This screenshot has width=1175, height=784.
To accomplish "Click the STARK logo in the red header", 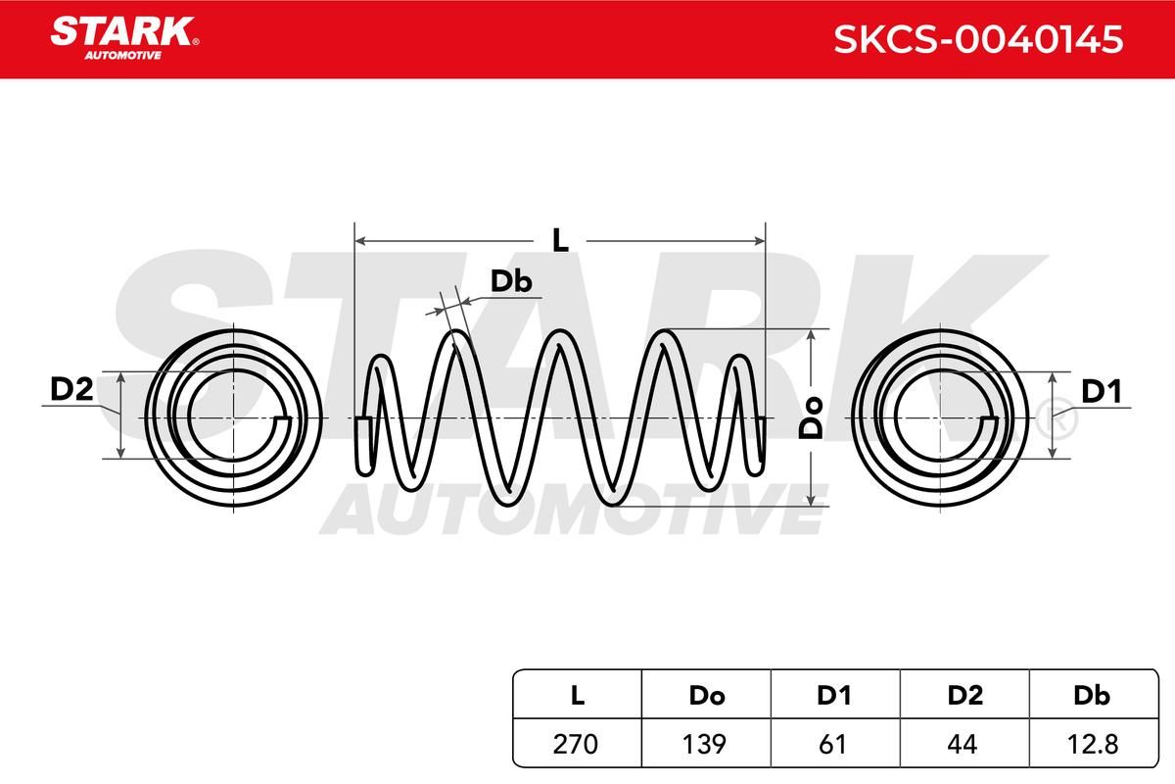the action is (x=124, y=38).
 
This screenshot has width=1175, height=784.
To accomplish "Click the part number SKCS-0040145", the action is (x=978, y=39).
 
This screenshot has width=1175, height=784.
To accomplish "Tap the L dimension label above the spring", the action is (x=560, y=240).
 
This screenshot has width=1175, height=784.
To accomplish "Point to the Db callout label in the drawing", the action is (x=511, y=281).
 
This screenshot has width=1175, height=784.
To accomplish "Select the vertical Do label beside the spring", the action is (x=811, y=417).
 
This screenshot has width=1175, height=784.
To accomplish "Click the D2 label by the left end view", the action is (x=71, y=389).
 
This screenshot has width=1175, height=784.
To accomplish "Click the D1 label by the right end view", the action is (x=1102, y=391).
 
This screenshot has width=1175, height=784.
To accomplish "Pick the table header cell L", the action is (x=577, y=696).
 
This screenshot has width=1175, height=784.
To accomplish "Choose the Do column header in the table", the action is (x=707, y=696).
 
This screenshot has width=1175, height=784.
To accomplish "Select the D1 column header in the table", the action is (x=834, y=696).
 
